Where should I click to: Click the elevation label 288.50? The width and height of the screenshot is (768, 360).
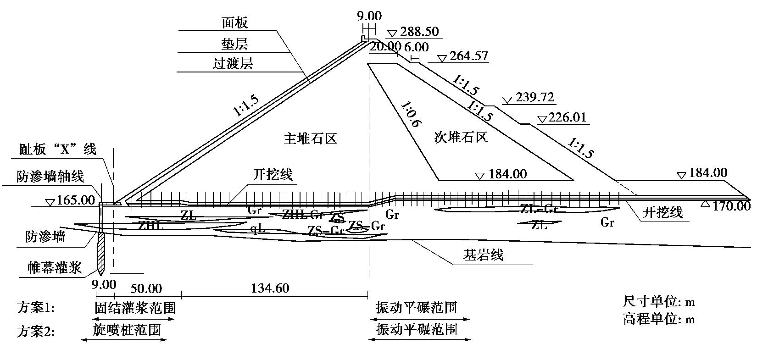[419, 32]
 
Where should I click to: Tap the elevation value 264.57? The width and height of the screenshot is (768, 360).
[469, 56]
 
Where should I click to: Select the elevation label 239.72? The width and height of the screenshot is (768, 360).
[534, 98]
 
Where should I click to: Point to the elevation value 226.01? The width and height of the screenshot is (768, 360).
[568, 117]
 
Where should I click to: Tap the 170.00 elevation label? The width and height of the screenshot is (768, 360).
[731, 206]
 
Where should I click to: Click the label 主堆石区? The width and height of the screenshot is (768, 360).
[310, 138]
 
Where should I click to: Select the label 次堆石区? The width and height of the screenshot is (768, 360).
[460, 137]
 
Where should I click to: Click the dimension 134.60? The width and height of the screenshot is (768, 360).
[270, 288]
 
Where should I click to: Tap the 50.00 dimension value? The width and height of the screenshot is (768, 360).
[146, 288]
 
